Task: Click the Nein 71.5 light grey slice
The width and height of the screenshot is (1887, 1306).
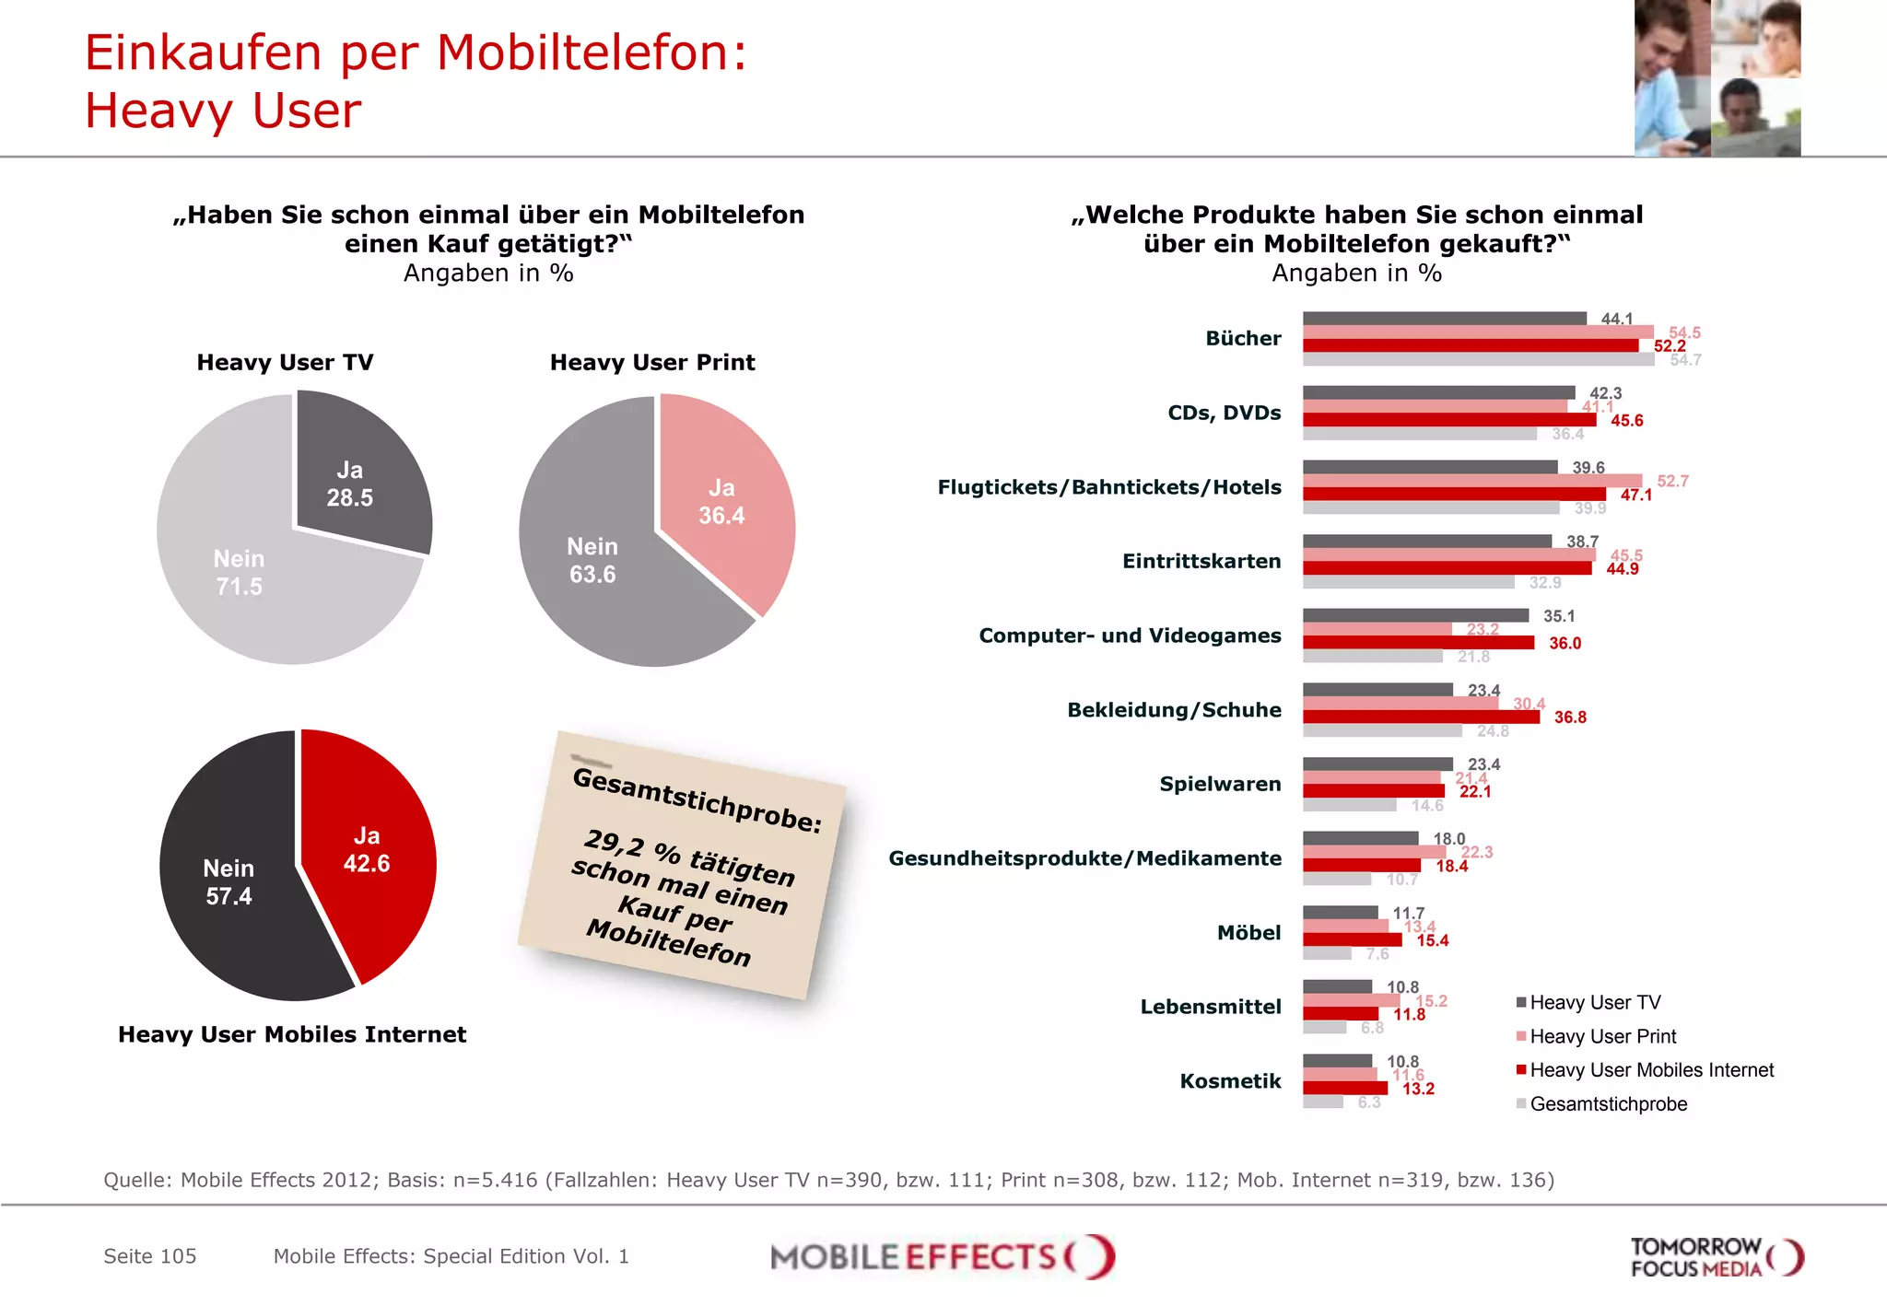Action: coord(240,571)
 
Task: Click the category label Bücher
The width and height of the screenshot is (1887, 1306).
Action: coord(1243,339)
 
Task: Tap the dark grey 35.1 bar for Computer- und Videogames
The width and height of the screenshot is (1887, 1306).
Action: coord(1415,615)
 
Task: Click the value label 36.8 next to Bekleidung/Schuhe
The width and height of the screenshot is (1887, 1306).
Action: coord(1570,717)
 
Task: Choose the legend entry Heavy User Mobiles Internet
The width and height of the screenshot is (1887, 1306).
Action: coord(1650,1070)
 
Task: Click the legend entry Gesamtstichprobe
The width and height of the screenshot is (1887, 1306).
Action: coord(1608,1104)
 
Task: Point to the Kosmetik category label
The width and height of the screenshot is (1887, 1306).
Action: coord(1230,1081)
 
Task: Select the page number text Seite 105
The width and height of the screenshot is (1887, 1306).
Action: coord(150,1256)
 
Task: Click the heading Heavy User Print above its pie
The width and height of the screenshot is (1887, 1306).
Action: coord(652,363)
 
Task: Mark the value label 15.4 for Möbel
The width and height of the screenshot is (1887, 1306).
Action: coord(1432,940)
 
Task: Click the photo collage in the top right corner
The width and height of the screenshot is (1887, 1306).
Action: coord(1717,78)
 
